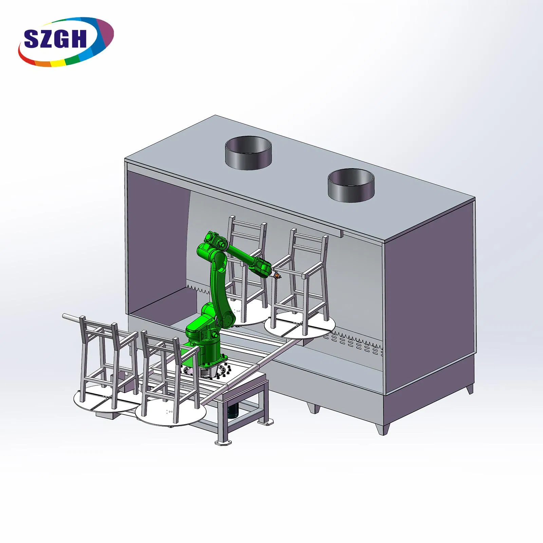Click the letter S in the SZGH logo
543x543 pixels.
(33, 38)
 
